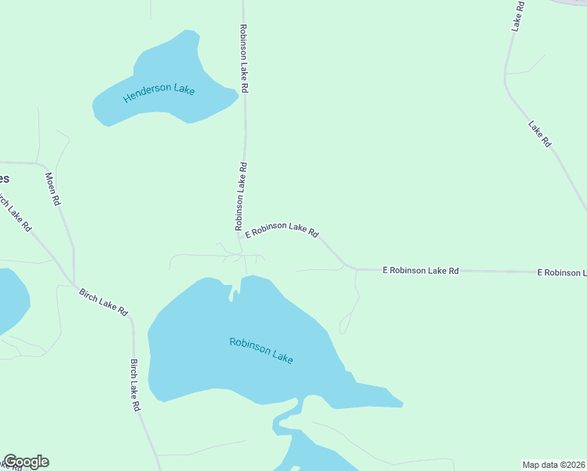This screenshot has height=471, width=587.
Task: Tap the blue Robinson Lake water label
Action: (261, 350)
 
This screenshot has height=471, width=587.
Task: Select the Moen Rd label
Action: (53, 188)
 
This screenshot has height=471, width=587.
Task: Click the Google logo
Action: (26, 462)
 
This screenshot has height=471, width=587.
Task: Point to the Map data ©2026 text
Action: (554, 464)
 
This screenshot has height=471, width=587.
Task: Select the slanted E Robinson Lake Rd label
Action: (282, 229)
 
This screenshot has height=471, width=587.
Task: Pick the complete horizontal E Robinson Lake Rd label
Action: (421, 270)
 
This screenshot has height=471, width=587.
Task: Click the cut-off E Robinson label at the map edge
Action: (562, 272)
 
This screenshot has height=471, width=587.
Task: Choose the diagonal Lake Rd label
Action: (540, 133)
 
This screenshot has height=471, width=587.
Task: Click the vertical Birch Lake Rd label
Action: (135, 385)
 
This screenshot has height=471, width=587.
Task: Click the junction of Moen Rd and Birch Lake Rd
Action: (74, 283)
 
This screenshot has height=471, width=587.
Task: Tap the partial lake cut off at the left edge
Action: (11, 301)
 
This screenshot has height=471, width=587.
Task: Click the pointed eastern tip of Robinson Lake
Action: (401, 405)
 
